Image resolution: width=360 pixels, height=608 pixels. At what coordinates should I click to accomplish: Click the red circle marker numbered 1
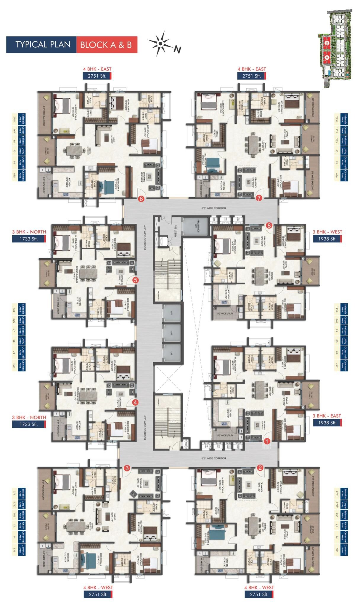point(267,441)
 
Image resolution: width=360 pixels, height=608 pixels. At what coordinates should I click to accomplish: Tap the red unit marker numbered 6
point(141,199)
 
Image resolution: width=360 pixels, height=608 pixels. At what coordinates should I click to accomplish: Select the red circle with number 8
point(269,225)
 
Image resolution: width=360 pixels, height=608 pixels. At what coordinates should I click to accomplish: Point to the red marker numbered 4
point(135,402)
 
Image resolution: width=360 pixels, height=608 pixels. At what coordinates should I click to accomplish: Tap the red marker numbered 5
point(135,279)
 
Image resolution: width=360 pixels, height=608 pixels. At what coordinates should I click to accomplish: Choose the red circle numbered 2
point(260,468)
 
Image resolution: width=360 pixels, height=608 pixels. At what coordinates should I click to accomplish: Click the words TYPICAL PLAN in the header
point(43,44)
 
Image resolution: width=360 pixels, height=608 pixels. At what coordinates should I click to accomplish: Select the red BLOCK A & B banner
point(106,45)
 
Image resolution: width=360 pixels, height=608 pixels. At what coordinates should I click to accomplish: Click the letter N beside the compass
point(177,49)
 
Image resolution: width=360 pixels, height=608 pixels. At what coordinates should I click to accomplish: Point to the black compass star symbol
point(160,44)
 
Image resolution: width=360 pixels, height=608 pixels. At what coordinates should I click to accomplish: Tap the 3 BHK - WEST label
point(327,232)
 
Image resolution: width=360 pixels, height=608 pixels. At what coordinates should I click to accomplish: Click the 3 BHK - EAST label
point(327,416)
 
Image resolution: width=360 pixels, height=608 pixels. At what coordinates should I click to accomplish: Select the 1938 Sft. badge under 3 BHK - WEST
point(327,239)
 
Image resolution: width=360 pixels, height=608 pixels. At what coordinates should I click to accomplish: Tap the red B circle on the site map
point(327,43)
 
